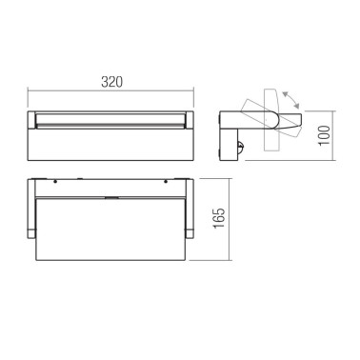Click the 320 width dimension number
(x=112, y=82)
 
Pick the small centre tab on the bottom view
(x=112, y=196)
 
